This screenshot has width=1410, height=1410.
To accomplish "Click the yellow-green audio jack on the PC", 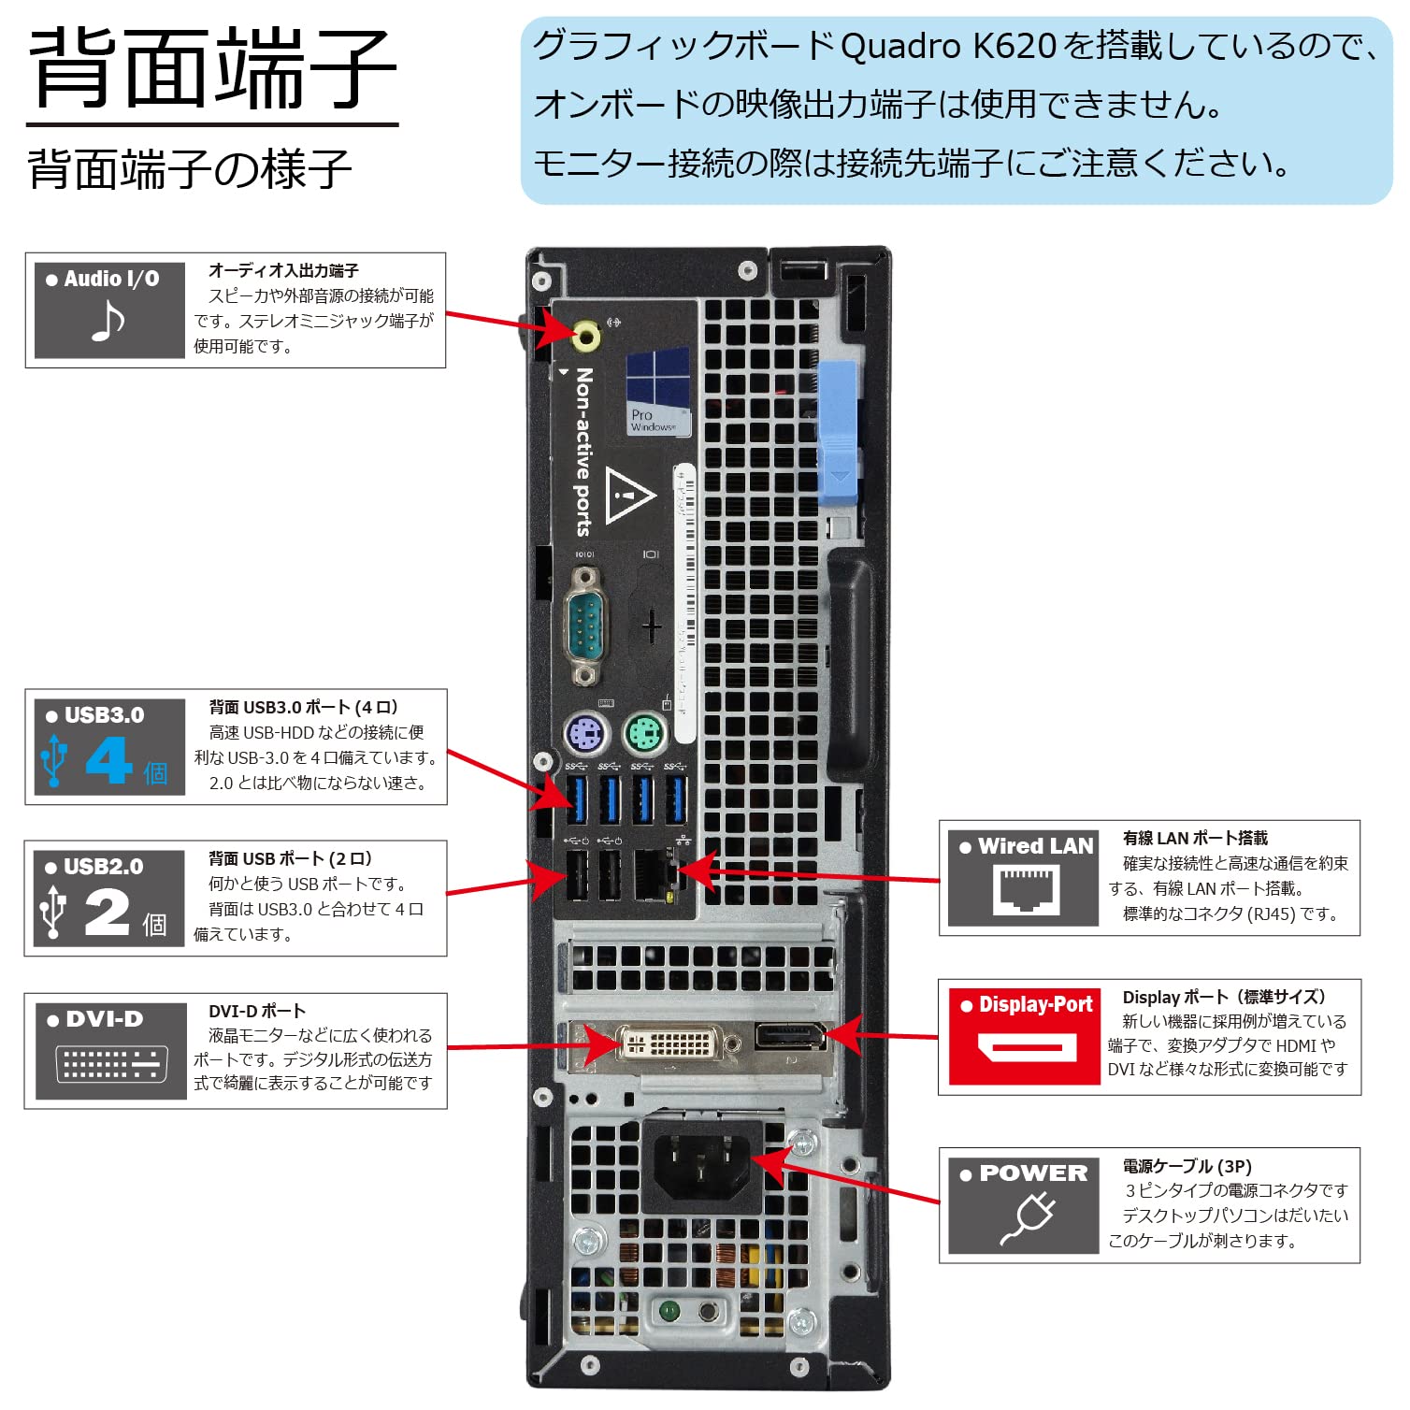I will pyautogui.click(x=586, y=334).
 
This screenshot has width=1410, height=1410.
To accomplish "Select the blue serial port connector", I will pyautogui.click(x=586, y=622).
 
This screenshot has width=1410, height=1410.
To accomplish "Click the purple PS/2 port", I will pyautogui.click(x=586, y=733).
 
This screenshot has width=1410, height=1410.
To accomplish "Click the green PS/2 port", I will pyautogui.click(x=644, y=733).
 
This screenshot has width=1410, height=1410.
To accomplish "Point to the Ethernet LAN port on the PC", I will pyautogui.click(x=655, y=874).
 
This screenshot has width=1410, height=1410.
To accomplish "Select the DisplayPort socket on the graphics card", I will pyautogui.click(x=790, y=1036).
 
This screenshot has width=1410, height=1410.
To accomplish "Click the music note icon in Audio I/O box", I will pyautogui.click(x=108, y=322).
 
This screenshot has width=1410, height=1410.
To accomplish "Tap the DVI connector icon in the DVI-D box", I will pyautogui.click(x=111, y=1064).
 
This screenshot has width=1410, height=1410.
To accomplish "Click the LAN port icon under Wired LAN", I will pyautogui.click(x=1026, y=888).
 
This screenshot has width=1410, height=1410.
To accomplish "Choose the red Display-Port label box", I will pyautogui.click(x=1024, y=1036).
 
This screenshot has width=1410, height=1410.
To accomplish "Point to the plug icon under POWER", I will pyautogui.click(x=1027, y=1219).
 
